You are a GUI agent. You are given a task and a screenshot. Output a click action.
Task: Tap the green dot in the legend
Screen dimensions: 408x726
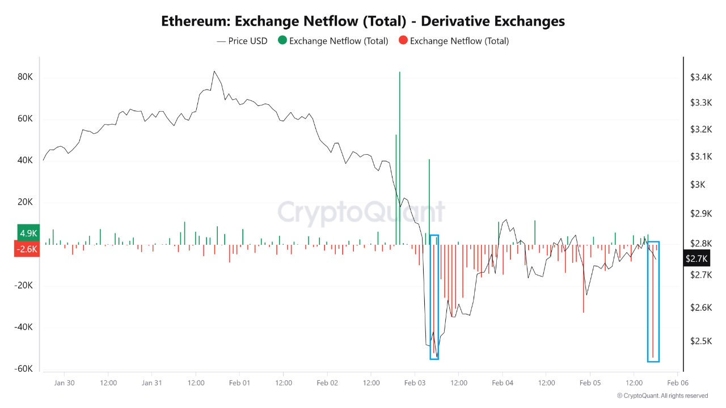click(x=282, y=41)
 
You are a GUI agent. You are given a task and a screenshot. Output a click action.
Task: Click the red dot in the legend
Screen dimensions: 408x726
click(x=403, y=41)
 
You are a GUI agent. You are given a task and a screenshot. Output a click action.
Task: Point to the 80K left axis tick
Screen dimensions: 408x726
click(x=26, y=78)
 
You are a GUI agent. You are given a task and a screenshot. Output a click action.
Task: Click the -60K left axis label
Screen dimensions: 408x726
click(x=24, y=369)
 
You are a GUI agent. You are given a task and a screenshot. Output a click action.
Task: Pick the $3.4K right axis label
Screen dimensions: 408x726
click(x=700, y=77)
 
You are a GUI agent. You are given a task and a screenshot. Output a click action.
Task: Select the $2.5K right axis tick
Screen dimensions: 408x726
click(x=700, y=341)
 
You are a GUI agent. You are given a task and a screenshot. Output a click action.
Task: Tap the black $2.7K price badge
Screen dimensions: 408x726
click(x=697, y=258)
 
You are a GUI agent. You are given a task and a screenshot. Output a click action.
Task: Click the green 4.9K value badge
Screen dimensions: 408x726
click(x=28, y=233)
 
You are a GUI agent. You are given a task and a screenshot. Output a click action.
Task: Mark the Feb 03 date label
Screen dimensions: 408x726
click(x=415, y=383)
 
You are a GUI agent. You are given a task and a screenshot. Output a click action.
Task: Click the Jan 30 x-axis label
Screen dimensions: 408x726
click(x=64, y=383)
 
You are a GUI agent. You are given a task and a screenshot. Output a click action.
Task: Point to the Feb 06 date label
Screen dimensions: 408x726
click(x=677, y=383)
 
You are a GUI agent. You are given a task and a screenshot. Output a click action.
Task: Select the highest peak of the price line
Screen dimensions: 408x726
click(x=214, y=71)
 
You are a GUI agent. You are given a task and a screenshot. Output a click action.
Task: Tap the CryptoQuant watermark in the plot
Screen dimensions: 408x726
click(x=361, y=213)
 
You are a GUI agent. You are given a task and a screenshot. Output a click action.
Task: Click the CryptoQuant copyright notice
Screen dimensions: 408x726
click(x=662, y=396)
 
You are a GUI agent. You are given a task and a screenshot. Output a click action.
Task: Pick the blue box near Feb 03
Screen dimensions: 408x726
click(x=434, y=297)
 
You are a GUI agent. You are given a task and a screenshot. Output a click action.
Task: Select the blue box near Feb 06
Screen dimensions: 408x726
click(x=653, y=301)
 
